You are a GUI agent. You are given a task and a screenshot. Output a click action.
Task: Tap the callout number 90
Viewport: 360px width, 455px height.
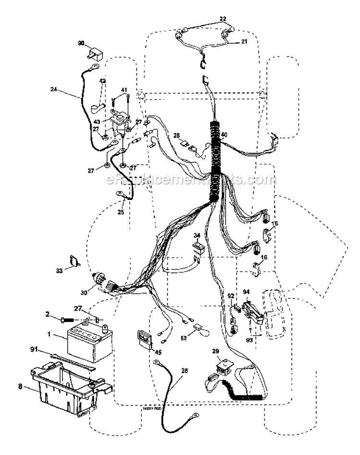click(81, 44)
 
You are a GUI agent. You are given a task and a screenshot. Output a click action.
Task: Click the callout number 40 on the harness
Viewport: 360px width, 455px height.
click(224, 134)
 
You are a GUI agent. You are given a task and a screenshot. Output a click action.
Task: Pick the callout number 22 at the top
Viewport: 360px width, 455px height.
click(223, 19)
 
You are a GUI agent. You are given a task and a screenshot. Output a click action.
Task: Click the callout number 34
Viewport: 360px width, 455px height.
click(196, 235)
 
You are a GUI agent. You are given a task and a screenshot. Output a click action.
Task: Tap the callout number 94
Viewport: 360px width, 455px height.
click(246, 292)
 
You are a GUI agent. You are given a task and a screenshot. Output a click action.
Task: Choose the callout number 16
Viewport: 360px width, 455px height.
click(263, 258)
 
